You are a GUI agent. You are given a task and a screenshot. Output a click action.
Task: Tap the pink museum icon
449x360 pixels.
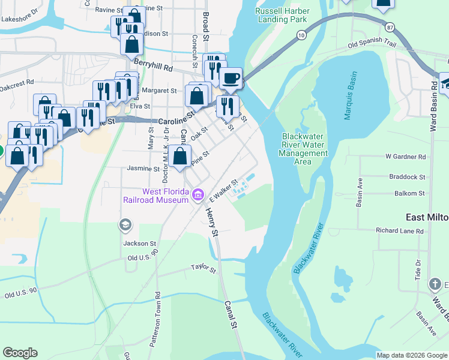[x=197, y=195]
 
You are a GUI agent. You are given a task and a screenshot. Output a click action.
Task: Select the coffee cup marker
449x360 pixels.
[x=231, y=78]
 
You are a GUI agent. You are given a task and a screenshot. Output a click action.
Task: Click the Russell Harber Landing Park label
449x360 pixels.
[x=283, y=15]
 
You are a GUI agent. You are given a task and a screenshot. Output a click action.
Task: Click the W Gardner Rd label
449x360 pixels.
[x=405, y=157]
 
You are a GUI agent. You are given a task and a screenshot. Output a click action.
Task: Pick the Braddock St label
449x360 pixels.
[x=406, y=178]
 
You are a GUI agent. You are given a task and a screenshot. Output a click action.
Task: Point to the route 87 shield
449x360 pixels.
[x=391, y=28]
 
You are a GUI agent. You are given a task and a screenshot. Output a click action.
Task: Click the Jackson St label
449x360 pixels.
[x=139, y=244]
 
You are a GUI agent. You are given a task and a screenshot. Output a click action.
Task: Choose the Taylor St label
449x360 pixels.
[x=203, y=268]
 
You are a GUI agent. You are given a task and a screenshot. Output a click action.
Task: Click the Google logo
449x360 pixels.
[x=20, y=353]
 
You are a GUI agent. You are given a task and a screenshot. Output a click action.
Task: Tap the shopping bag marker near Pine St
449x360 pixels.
[x=180, y=157]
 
